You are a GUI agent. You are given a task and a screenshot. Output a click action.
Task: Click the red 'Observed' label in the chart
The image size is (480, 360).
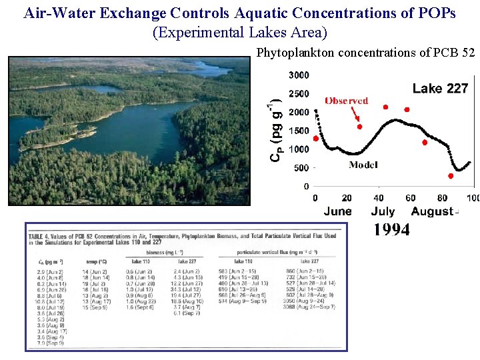click(346, 101)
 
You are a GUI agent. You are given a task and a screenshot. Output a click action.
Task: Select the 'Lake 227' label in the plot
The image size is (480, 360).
click(440, 88)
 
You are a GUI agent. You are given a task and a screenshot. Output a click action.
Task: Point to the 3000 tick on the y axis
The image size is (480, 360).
click(298, 75)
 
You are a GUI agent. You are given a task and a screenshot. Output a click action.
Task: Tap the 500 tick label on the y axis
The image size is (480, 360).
click(301, 168)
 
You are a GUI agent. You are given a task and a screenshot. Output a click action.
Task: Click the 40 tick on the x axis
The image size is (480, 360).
click(379, 198)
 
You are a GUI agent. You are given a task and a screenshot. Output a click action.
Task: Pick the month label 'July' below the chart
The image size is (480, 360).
click(382, 211)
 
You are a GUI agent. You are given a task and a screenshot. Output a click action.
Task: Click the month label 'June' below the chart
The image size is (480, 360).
click(337, 211)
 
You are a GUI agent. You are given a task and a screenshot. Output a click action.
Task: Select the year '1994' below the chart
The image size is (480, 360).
click(391, 230)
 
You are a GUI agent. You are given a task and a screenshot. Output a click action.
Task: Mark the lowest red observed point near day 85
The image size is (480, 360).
click(451, 176)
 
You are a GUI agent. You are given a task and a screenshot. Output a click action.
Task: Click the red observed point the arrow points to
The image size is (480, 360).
click(359, 127)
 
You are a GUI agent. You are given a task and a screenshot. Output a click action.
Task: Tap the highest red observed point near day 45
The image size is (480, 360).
click(385, 107)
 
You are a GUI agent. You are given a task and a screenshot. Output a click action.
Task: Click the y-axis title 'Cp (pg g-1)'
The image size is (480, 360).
click(275, 127)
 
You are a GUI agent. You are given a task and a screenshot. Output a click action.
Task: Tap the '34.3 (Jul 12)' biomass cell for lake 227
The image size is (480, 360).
click(187, 289)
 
